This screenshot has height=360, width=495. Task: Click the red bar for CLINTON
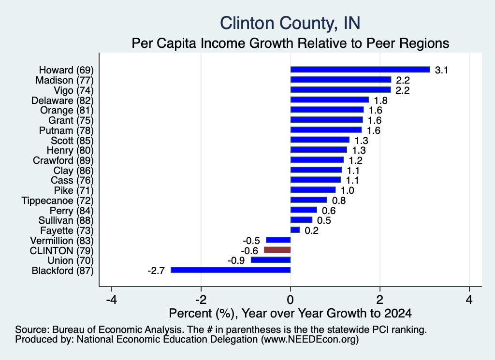point(277,250)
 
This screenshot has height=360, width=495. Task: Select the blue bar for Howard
point(360,70)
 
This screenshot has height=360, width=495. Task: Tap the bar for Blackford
point(231,270)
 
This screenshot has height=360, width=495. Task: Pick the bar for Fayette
point(295,230)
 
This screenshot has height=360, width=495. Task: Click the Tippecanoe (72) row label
point(58,201)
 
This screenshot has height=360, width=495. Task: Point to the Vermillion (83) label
point(62,241)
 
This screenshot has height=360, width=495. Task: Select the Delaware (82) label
point(62,101)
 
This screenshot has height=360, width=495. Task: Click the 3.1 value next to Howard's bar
point(441,70)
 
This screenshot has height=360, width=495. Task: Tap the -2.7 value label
point(156,271)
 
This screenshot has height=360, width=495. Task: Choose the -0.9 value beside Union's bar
point(236,260)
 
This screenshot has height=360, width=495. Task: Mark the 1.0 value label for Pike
point(347,190)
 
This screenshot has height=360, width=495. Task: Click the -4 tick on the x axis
point(112,300)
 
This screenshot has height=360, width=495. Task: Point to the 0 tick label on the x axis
point(291,300)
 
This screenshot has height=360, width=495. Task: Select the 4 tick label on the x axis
point(469,300)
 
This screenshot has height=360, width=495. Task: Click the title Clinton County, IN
point(290,23)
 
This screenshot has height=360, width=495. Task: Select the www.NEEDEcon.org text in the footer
point(310,340)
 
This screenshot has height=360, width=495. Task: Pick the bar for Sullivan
point(302,219)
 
